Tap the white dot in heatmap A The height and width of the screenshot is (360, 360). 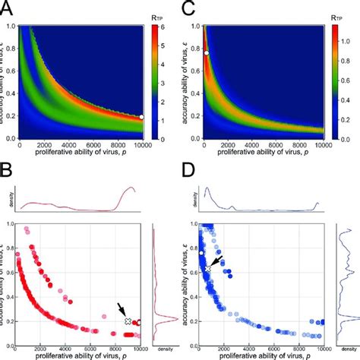click(141, 117)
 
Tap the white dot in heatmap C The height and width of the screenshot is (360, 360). click(206, 52)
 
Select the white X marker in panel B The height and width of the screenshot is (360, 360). click(128, 322)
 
